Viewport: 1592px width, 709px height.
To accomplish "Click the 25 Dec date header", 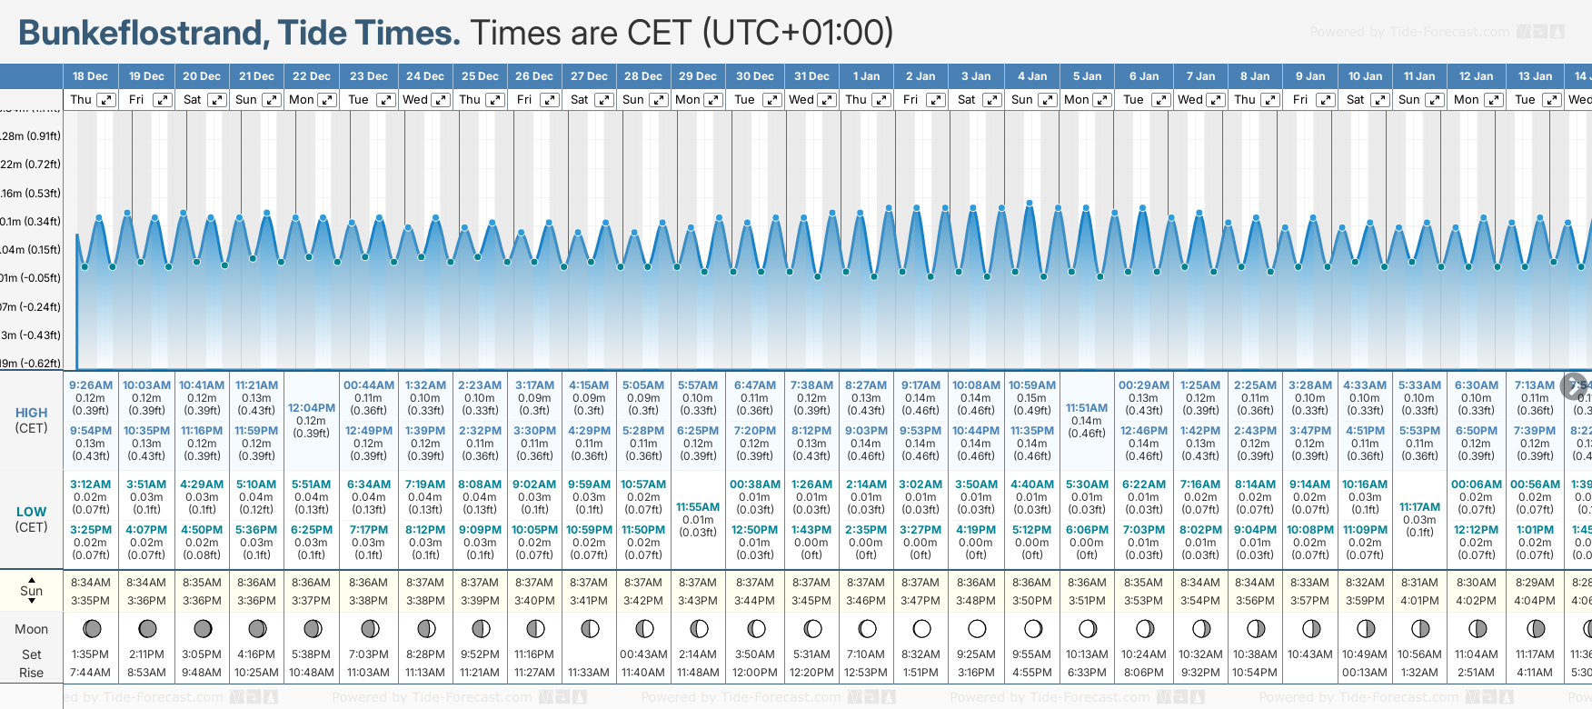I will click(x=480, y=76).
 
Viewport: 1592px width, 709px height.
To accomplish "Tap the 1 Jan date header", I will click(x=866, y=76).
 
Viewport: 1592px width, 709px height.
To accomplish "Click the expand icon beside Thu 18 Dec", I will click(x=107, y=100).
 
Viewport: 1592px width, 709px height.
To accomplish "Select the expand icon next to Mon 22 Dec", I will click(x=327, y=100).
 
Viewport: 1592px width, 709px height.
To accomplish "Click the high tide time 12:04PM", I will click(x=312, y=408).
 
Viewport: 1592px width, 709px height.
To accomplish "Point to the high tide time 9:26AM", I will click(x=91, y=385).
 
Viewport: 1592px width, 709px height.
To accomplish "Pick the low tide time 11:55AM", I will click(x=698, y=507).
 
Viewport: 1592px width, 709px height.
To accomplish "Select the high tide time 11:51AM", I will click(x=1087, y=408).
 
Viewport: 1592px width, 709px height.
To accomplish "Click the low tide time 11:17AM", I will click(x=1419, y=507).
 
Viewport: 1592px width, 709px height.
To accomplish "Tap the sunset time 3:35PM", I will click(x=91, y=601).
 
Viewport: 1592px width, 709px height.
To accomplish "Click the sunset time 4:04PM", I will click(x=1534, y=601).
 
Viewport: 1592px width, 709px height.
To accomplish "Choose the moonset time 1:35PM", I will click(x=90, y=654).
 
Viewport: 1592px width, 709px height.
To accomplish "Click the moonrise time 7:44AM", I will click(x=90, y=673).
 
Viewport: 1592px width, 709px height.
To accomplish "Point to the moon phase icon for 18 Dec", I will click(x=92, y=628).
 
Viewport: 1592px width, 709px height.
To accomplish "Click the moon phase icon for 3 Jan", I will click(x=977, y=628).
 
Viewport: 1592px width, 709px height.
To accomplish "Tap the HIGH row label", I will click(x=32, y=413).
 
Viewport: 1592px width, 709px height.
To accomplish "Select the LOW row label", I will click(x=32, y=512).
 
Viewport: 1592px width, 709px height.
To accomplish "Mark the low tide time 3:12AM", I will click(x=91, y=484).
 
